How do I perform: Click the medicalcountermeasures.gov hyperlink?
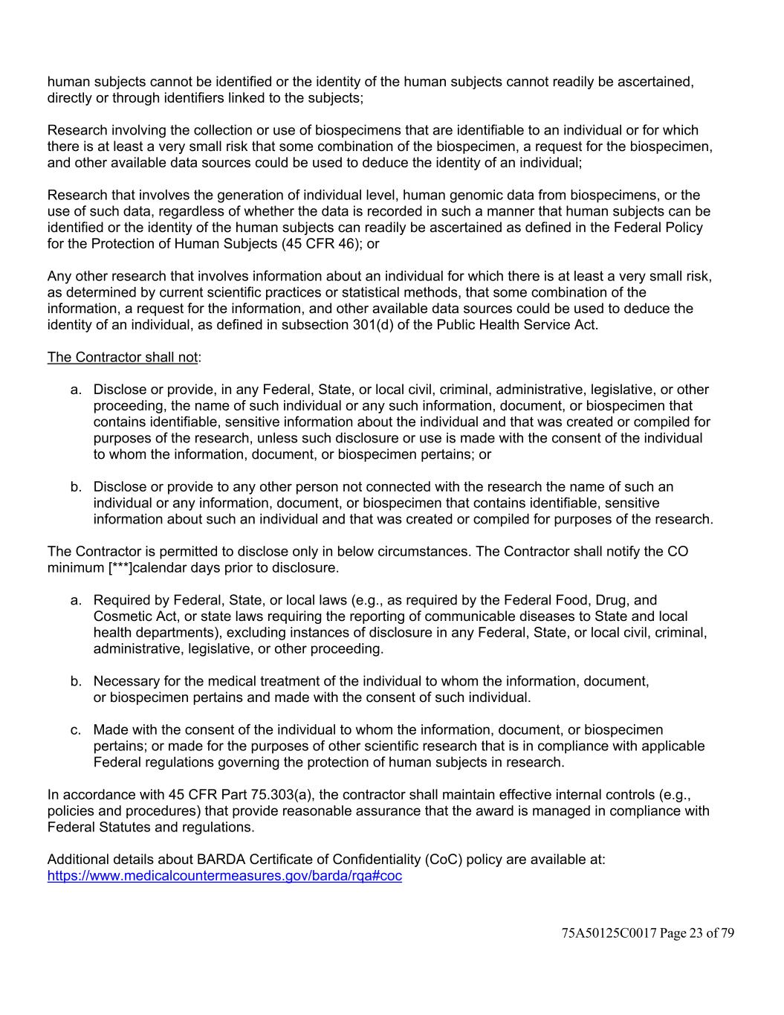pyautogui.click(x=224, y=876)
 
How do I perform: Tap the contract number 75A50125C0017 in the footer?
pyautogui.click(x=609, y=933)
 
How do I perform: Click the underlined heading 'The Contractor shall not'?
pyautogui.click(x=123, y=357)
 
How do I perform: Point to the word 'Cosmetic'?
pyautogui.click(x=121, y=616)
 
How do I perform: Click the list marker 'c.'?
pyautogui.click(x=76, y=730)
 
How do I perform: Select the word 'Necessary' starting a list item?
pyautogui.click(x=123, y=681)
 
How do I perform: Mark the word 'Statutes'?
pyautogui.click(x=123, y=828)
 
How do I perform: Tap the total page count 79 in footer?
pyautogui.click(x=727, y=933)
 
